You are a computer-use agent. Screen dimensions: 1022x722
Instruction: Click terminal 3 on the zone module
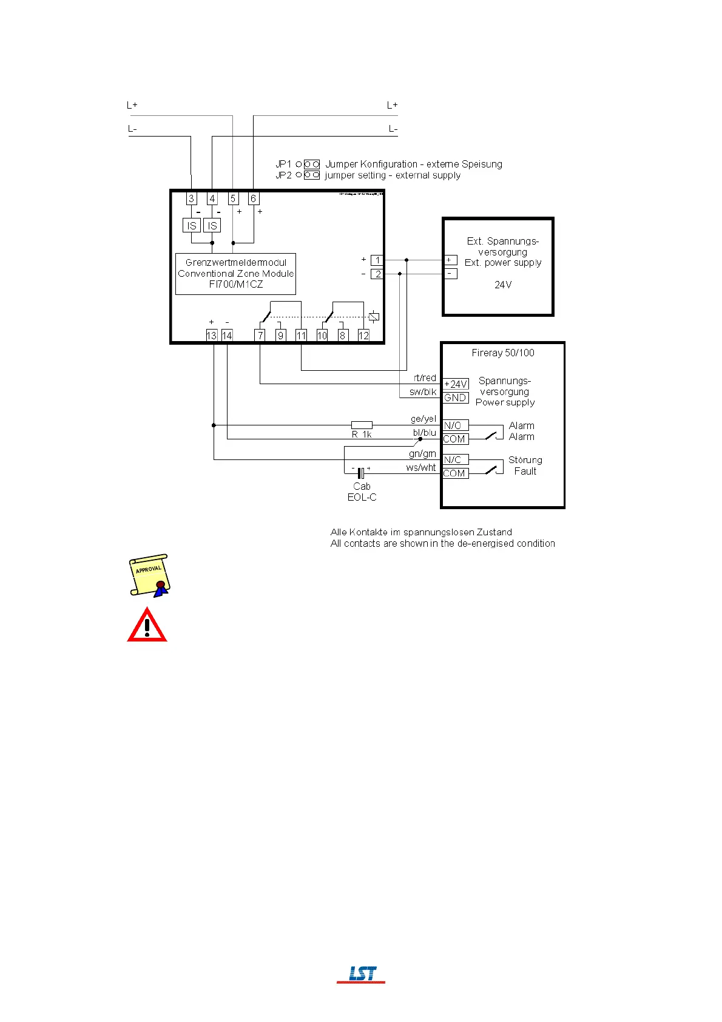(192, 198)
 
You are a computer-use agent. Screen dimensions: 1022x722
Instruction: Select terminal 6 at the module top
(254, 198)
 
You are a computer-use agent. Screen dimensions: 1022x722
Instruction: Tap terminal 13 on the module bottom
(211, 335)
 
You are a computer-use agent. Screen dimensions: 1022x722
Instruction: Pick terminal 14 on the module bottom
(227, 335)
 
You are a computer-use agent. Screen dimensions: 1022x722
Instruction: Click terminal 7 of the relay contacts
(260, 335)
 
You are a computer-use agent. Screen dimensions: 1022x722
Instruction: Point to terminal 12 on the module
(363, 335)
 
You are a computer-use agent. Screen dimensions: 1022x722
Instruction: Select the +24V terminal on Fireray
(456, 384)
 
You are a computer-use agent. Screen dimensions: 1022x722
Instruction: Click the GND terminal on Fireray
(456, 398)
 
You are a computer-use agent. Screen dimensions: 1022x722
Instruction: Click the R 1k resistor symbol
(362, 425)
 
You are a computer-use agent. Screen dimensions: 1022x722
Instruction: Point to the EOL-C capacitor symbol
(361, 473)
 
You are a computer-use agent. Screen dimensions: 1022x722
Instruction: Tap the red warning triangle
(147, 625)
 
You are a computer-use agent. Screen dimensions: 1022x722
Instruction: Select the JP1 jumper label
(283, 164)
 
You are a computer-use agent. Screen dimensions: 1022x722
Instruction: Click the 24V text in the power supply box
(503, 285)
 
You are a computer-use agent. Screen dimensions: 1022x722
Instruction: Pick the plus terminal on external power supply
(450, 260)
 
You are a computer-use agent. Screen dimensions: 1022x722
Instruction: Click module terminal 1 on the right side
(377, 260)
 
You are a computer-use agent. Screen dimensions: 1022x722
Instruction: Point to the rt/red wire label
(425, 378)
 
